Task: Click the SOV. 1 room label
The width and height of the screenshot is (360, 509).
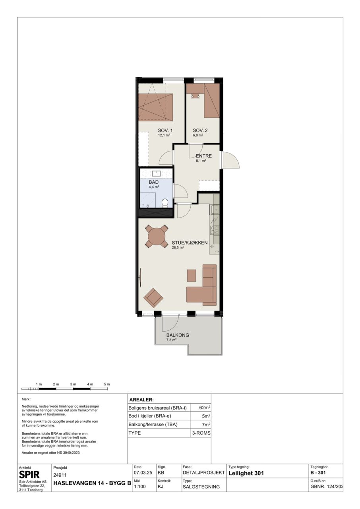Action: [165, 130]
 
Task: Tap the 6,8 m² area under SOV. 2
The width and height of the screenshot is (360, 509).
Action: [198, 135]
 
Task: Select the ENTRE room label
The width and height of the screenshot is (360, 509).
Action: [204, 156]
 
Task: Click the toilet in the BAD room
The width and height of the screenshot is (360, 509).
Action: [165, 203]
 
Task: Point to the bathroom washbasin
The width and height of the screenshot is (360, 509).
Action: [157, 174]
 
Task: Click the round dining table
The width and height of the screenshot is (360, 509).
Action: [157, 237]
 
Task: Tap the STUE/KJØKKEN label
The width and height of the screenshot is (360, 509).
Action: [190, 243]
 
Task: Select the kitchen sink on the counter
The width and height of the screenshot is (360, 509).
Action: [214, 209]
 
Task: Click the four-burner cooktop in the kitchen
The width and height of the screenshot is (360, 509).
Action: [215, 230]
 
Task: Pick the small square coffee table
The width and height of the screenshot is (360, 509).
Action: [192, 276]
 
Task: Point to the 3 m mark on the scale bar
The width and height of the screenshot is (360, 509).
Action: [73, 384]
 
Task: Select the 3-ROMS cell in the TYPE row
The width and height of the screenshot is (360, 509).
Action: [201, 433]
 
